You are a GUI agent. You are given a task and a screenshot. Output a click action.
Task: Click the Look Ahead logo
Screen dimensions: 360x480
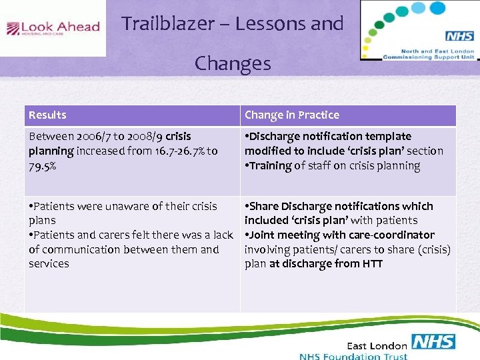tap(53, 28)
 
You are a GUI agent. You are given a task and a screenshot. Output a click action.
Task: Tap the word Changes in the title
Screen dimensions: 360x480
tap(233, 63)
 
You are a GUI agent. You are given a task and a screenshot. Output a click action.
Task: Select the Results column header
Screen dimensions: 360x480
tap(47, 115)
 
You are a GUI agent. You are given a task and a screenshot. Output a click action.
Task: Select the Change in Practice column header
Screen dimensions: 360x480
tap(291, 115)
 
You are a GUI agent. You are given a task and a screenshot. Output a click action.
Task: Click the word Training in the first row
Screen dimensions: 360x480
tap(270, 165)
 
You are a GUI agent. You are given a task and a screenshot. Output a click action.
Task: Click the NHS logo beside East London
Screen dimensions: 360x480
tap(433, 342)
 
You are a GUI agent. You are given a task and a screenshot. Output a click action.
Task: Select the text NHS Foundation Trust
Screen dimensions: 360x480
tap(353, 356)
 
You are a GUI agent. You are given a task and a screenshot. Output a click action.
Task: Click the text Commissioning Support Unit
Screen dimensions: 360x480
tap(428, 57)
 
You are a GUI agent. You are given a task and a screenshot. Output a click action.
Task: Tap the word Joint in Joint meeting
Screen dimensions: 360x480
tap(263, 235)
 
